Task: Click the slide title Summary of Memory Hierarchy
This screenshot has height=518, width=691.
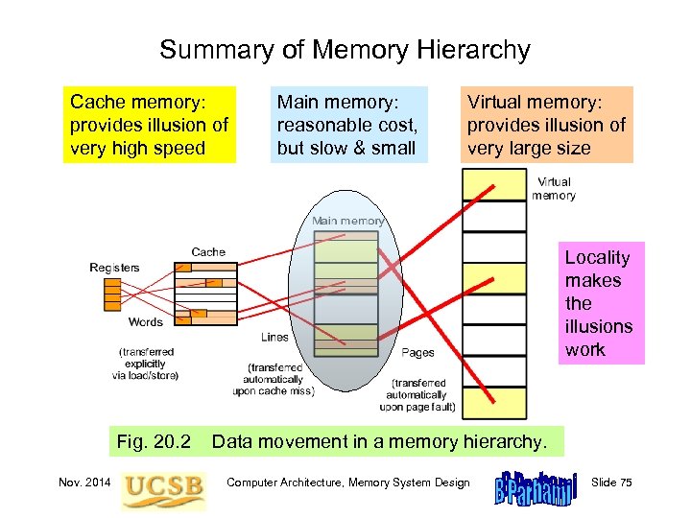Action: pyautogui.click(x=345, y=50)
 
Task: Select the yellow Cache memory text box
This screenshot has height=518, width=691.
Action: pyautogui.click(x=149, y=125)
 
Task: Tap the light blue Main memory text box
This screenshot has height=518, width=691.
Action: pyautogui.click(x=347, y=125)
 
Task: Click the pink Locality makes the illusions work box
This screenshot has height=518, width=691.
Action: pyautogui.click(x=601, y=303)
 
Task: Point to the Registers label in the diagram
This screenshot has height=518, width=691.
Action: pyautogui.click(x=114, y=268)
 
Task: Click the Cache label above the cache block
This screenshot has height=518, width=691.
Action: pyautogui.click(x=208, y=252)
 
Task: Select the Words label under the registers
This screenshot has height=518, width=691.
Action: pyautogui.click(x=145, y=322)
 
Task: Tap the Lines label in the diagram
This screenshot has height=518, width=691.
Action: pyautogui.click(x=274, y=338)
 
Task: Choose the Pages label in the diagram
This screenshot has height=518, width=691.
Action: pyautogui.click(x=417, y=353)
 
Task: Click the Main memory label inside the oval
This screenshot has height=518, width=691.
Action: pyautogui.click(x=347, y=221)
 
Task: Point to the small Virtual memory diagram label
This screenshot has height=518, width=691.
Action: pyautogui.click(x=553, y=188)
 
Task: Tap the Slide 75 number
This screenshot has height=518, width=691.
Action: pyautogui.click(x=612, y=483)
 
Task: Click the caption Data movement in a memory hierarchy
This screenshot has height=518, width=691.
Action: pyautogui.click(x=380, y=442)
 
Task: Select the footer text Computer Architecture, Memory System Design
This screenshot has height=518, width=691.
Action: pyautogui.click(x=348, y=483)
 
